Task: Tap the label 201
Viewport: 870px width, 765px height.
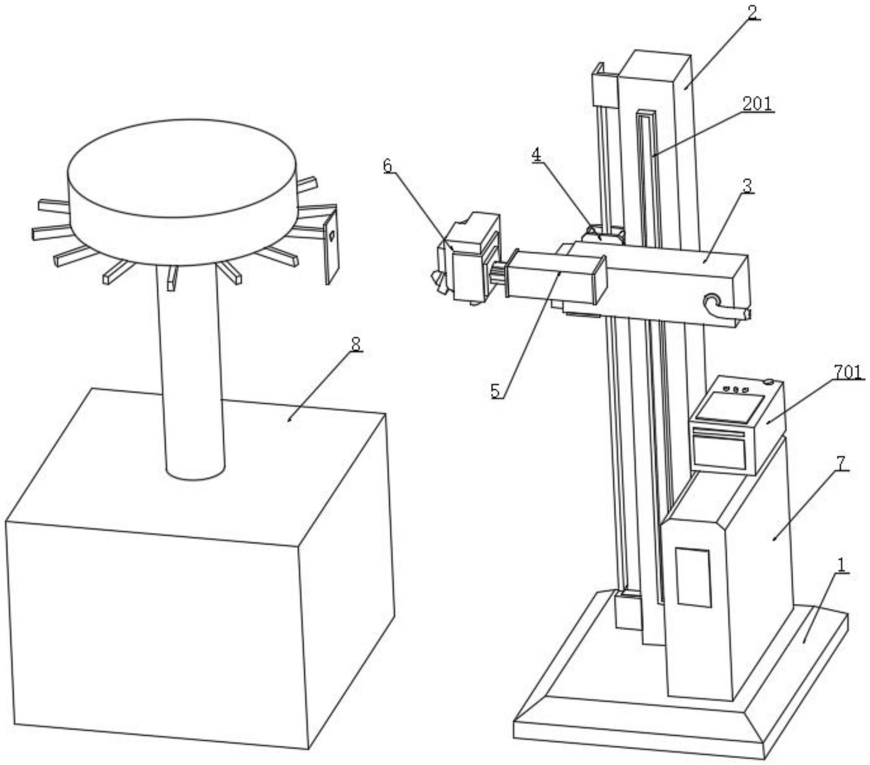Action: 757,104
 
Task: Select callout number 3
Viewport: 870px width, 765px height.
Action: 747,186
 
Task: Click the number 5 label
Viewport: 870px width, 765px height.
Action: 496,391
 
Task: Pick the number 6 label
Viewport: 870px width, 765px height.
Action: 387,166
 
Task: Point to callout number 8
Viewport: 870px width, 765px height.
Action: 356,345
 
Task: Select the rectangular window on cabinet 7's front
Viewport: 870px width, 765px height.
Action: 694,577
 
